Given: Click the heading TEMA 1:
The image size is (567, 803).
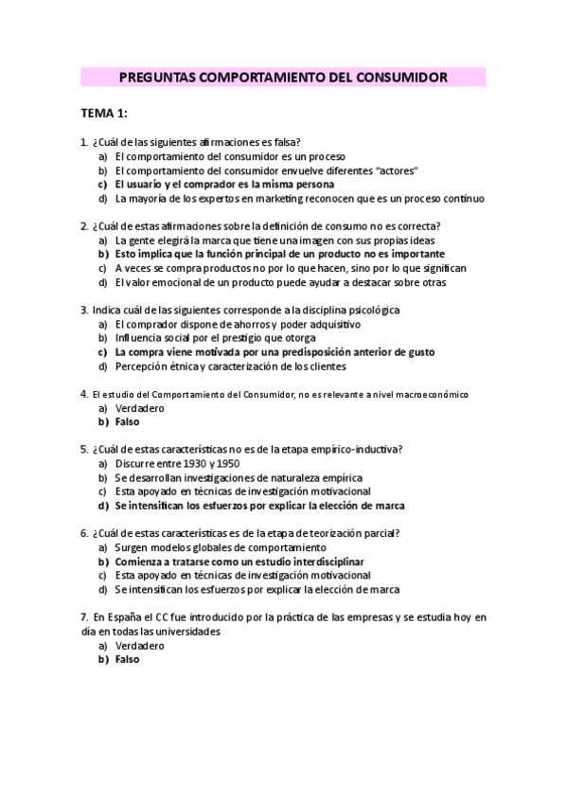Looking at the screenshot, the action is coord(104,114).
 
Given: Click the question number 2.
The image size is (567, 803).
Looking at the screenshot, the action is coord(84,225).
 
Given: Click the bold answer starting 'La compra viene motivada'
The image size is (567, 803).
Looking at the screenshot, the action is coord(275,352).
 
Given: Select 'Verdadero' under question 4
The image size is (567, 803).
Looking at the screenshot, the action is coord(139,408).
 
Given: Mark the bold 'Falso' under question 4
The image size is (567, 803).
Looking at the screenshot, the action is coord(127,422).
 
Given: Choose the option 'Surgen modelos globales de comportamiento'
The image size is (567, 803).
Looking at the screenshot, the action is coord(220,547).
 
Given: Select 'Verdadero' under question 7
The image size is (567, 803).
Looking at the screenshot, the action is coord(139,646).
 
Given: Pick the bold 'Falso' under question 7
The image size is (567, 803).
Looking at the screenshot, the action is coord(127,660).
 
